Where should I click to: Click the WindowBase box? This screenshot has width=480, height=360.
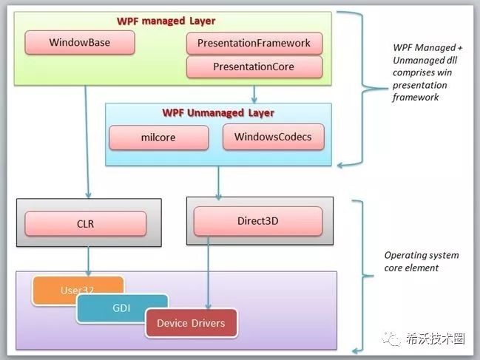(x=80, y=43)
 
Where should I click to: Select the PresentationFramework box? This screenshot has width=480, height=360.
(x=254, y=44)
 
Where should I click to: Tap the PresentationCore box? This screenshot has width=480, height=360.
(x=254, y=67)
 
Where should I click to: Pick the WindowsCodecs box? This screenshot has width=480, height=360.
(x=273, y=137)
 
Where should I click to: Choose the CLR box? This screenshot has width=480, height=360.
(x=86, y=224)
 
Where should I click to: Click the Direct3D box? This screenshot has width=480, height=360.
(x=257, y=220)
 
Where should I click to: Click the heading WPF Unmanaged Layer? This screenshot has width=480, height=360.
(x=217, y=113)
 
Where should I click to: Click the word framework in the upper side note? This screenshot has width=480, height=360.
(x=416, y=97)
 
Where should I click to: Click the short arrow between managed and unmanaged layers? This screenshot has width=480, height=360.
(x=254, y=93)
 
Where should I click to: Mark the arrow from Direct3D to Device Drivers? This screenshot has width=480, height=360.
(x=206, y=274)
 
